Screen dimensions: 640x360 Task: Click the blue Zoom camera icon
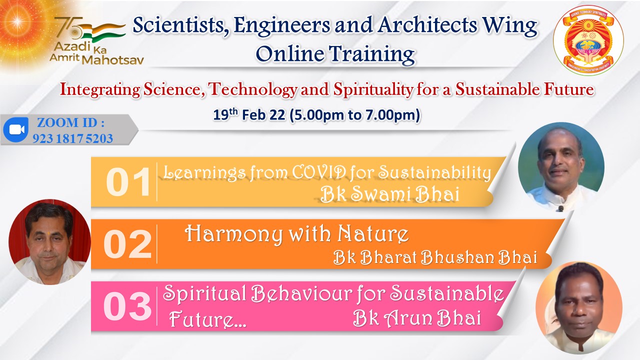16,129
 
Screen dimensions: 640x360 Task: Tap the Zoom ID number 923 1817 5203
72,138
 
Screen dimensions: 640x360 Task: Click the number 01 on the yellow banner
128,182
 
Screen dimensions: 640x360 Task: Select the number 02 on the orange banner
127,244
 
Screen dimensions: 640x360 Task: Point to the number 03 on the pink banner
127,306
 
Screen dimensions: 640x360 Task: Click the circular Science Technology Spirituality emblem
588,40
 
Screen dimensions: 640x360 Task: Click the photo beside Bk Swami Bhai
561,167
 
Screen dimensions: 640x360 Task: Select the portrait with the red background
49,241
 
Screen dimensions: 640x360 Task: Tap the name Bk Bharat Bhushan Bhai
435,257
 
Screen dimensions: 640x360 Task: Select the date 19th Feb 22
249,115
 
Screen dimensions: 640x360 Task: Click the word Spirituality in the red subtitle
373,89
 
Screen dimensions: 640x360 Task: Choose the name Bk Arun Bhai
417,318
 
